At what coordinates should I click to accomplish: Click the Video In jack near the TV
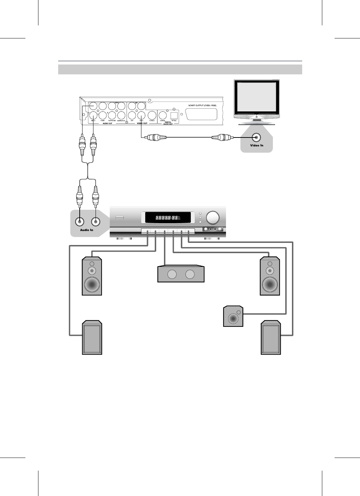click(x=257, y=137)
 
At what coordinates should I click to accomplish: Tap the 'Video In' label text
click(x=257, y=146)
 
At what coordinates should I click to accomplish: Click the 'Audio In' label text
click(x=86, y=230)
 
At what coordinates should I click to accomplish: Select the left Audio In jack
click(x=80, y=221)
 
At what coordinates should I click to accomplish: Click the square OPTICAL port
click(x=174, y=115)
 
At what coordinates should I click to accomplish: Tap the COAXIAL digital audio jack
click(x=163, y=115)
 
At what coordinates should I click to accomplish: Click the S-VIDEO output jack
click(x=152, y=115)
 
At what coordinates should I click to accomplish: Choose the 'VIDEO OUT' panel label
click(x=142, y=123)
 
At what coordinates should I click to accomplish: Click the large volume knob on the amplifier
click(x=212, y=218)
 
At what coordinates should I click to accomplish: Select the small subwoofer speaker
click(x=233, y=317)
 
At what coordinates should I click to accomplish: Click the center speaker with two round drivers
click(x=181, y=274)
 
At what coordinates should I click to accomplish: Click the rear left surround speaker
click(x=92, y=338)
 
